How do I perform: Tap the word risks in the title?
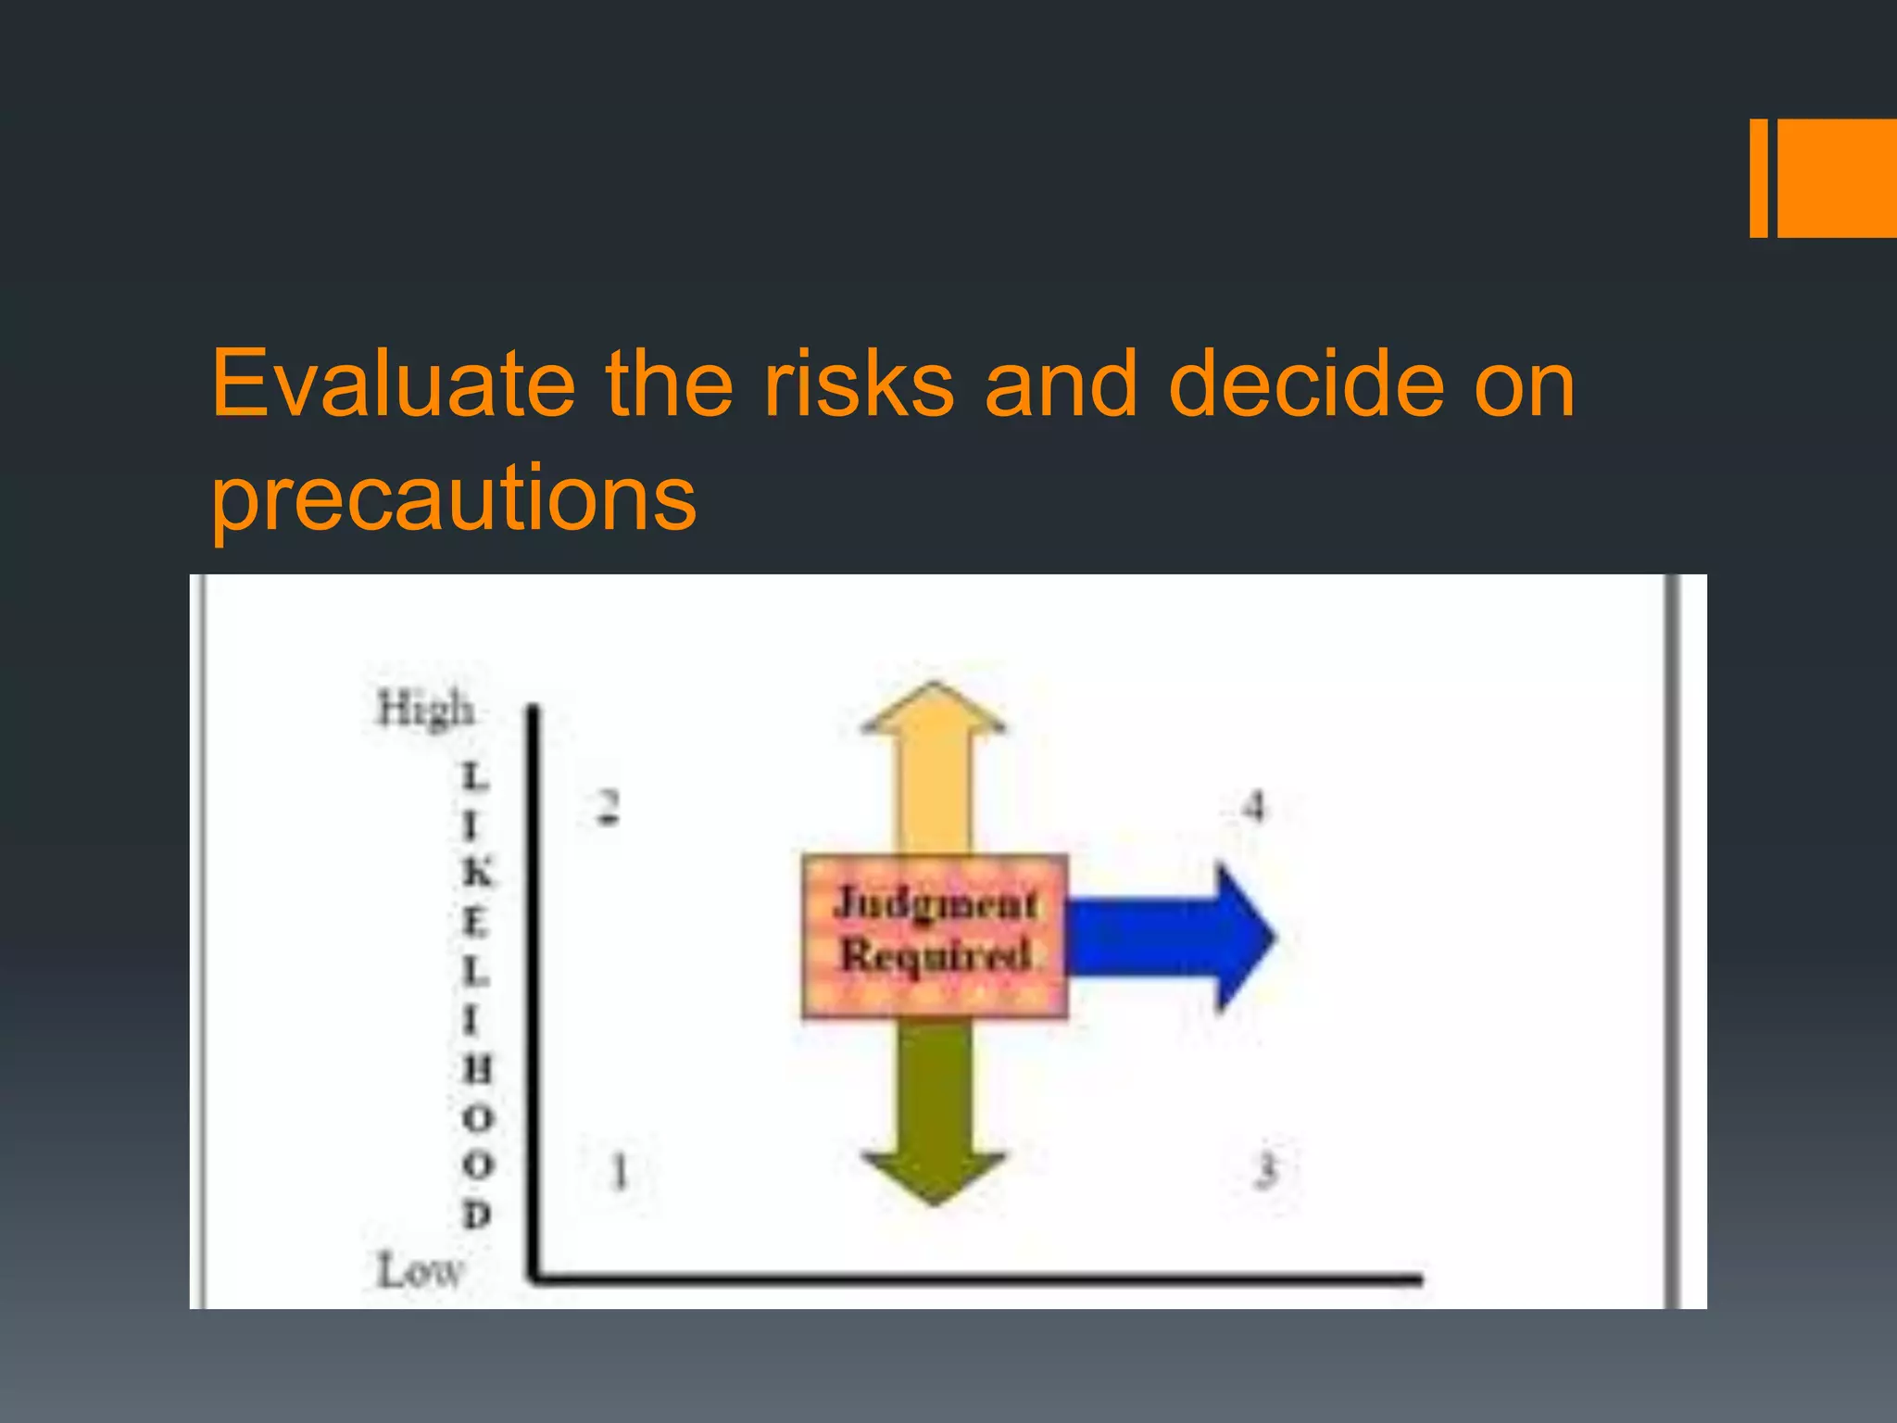pyautogui.click(x=858, y=384)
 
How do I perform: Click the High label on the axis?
pyautogui.click(x=425, y=710)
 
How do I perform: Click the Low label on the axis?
pyautogui.click(x=419, y=1270)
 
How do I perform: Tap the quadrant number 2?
pyautogui.click(x=607, y=807)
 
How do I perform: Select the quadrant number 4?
pyautogui.click(x=1253, y=807)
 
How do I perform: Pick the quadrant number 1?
pyautogui.click(x=620, y=1171)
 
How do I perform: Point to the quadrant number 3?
pyautogui.click(x=1265, y=1170)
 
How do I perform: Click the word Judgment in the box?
pyautogui.click(x=936, y=904)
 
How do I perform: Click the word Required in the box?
pyautogui.click(x=936, y=955)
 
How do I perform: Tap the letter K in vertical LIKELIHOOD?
pyautogui.click(x=477, y=873)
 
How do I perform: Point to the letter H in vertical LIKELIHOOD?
pyautogui.click(x=477, y=1069)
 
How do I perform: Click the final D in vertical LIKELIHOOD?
pyautogui.click(x=476, y=1214)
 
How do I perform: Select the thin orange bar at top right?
pyautogui.click(x=1758, y=178)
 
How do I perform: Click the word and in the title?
pyautogui.click(x=1061, y=384)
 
